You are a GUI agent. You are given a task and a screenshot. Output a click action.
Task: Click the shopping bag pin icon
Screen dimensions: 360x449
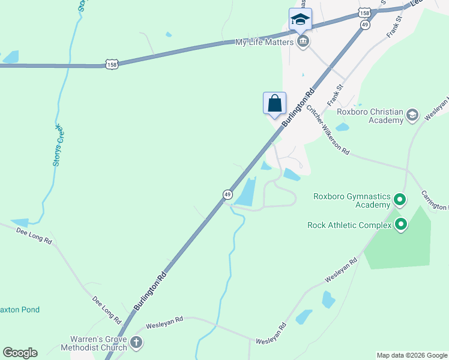click(274, 103)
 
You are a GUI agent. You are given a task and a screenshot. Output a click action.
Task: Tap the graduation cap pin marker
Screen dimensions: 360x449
click(300, 19)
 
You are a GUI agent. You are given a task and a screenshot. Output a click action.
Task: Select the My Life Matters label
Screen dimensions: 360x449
click(264, 41)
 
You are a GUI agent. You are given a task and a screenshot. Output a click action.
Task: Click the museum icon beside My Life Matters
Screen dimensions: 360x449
click(303, 41)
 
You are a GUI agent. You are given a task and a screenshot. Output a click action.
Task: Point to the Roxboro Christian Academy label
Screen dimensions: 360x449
click(370, 116)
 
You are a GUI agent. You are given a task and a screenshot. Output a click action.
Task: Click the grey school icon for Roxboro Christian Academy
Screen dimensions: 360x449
click(412, 115)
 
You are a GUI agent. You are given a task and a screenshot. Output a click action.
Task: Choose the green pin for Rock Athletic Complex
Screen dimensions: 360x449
click(400, 225)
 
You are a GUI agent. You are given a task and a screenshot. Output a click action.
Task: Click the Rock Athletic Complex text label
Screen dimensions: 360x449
click(349, 226)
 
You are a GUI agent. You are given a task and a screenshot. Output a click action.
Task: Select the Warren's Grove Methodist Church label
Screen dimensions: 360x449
click(94, 343)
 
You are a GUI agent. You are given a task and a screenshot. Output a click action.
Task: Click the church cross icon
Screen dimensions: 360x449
click(136, 343)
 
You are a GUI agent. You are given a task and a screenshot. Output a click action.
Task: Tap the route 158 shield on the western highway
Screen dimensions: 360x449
click(111, 64)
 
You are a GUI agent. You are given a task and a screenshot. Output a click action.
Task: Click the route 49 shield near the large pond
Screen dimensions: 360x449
click(228, 194)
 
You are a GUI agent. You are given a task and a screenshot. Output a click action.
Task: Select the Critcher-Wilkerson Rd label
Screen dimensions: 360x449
click(328, 130)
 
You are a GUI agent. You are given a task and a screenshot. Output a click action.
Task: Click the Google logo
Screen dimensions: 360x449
click(20, 353)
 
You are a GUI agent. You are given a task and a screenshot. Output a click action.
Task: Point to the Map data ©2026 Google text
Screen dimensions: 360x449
click(411, 355)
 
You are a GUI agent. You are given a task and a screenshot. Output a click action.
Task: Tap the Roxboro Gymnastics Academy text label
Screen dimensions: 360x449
click(352, 200)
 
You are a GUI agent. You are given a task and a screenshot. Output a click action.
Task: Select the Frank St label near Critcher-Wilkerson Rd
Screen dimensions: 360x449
click(335, 95)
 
